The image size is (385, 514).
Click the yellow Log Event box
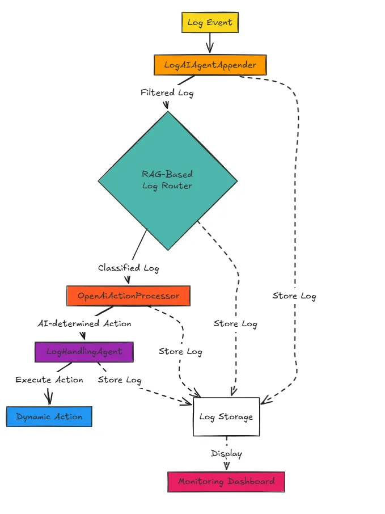click(210, 23)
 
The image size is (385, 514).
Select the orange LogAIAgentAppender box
click(210, 65)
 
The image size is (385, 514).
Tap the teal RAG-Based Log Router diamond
click(167, 180)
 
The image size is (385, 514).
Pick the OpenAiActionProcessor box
click(128, 296)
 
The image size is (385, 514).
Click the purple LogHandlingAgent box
click(84, 352)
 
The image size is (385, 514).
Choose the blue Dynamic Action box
click(49, 417)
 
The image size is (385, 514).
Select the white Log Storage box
click(226, 417)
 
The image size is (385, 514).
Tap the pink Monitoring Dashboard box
click(226, 482)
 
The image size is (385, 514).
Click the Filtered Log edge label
click(167, 92)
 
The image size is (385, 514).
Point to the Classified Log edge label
click(128, 268)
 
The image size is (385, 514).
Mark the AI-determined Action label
click(84, 324)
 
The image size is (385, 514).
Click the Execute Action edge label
click(49, 380)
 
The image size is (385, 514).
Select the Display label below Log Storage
click(226, 454)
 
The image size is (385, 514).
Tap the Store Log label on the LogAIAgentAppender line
click(294, 296)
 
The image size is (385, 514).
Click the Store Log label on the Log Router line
click(235, 324)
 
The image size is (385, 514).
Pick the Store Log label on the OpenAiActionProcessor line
click(180, 352)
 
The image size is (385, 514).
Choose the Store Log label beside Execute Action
click(119, 380)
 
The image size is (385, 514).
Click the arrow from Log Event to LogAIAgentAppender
click(210, 43)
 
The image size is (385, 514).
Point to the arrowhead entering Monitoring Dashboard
click(227, 466)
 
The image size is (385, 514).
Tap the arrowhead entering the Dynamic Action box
click(49, 401)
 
